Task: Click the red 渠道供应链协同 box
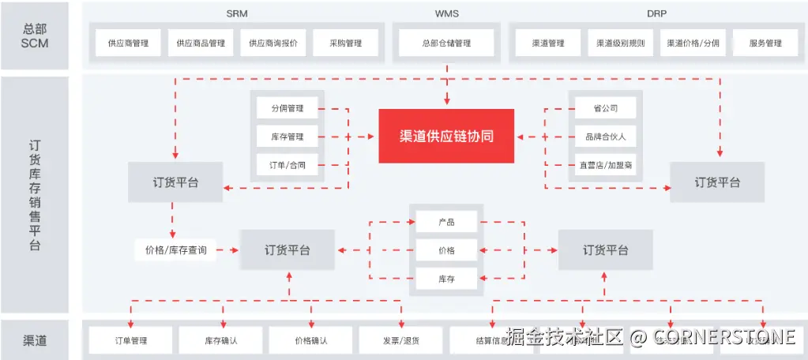coord(446,136)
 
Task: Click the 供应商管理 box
coord(128,43)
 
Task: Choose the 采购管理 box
coord(346,43)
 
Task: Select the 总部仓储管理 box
coord(446,43)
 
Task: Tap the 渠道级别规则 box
coord(620,43)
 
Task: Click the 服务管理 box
coord(765,43)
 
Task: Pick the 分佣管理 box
coord(287,108)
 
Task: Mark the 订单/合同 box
coord(287,165)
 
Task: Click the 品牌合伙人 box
coord(606,137)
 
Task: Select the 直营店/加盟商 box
coord(606,165)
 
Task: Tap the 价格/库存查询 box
coord(175,250)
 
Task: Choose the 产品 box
coord(446,223)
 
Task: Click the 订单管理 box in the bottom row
coord(128,340)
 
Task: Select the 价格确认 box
coord(310,340)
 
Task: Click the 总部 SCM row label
coord(35,36)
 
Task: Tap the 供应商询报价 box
coord(273,43)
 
